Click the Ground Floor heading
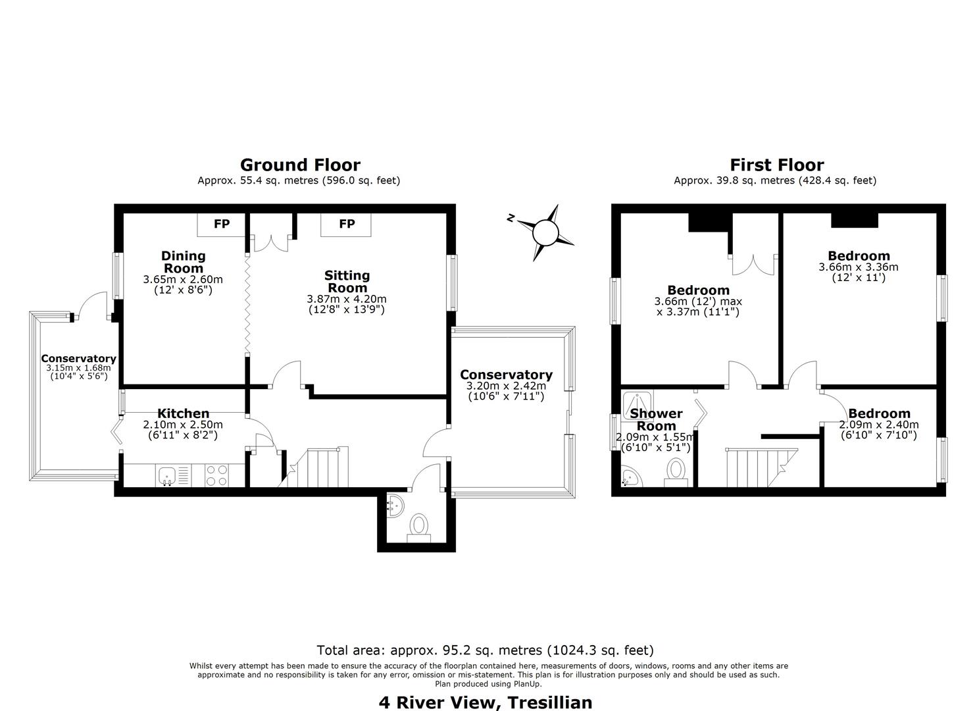point(300,165)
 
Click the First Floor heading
point(777,165)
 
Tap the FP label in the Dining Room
point(222,224)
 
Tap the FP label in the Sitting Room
point(347,224)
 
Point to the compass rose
point(545,232)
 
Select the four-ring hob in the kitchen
point(216,475)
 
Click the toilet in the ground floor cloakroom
point(418,528)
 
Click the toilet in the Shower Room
point(676,472)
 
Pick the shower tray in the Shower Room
point(638,406)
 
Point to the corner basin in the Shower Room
point(631,477)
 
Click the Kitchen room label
point(183,413)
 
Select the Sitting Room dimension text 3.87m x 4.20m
point(347,299)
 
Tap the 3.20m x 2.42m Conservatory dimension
point(506,386)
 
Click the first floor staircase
point(762,467)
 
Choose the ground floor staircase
point(314,467)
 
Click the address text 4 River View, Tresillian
point(486,702)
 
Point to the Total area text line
point(485,650)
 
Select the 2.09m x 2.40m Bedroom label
point(879,424)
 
